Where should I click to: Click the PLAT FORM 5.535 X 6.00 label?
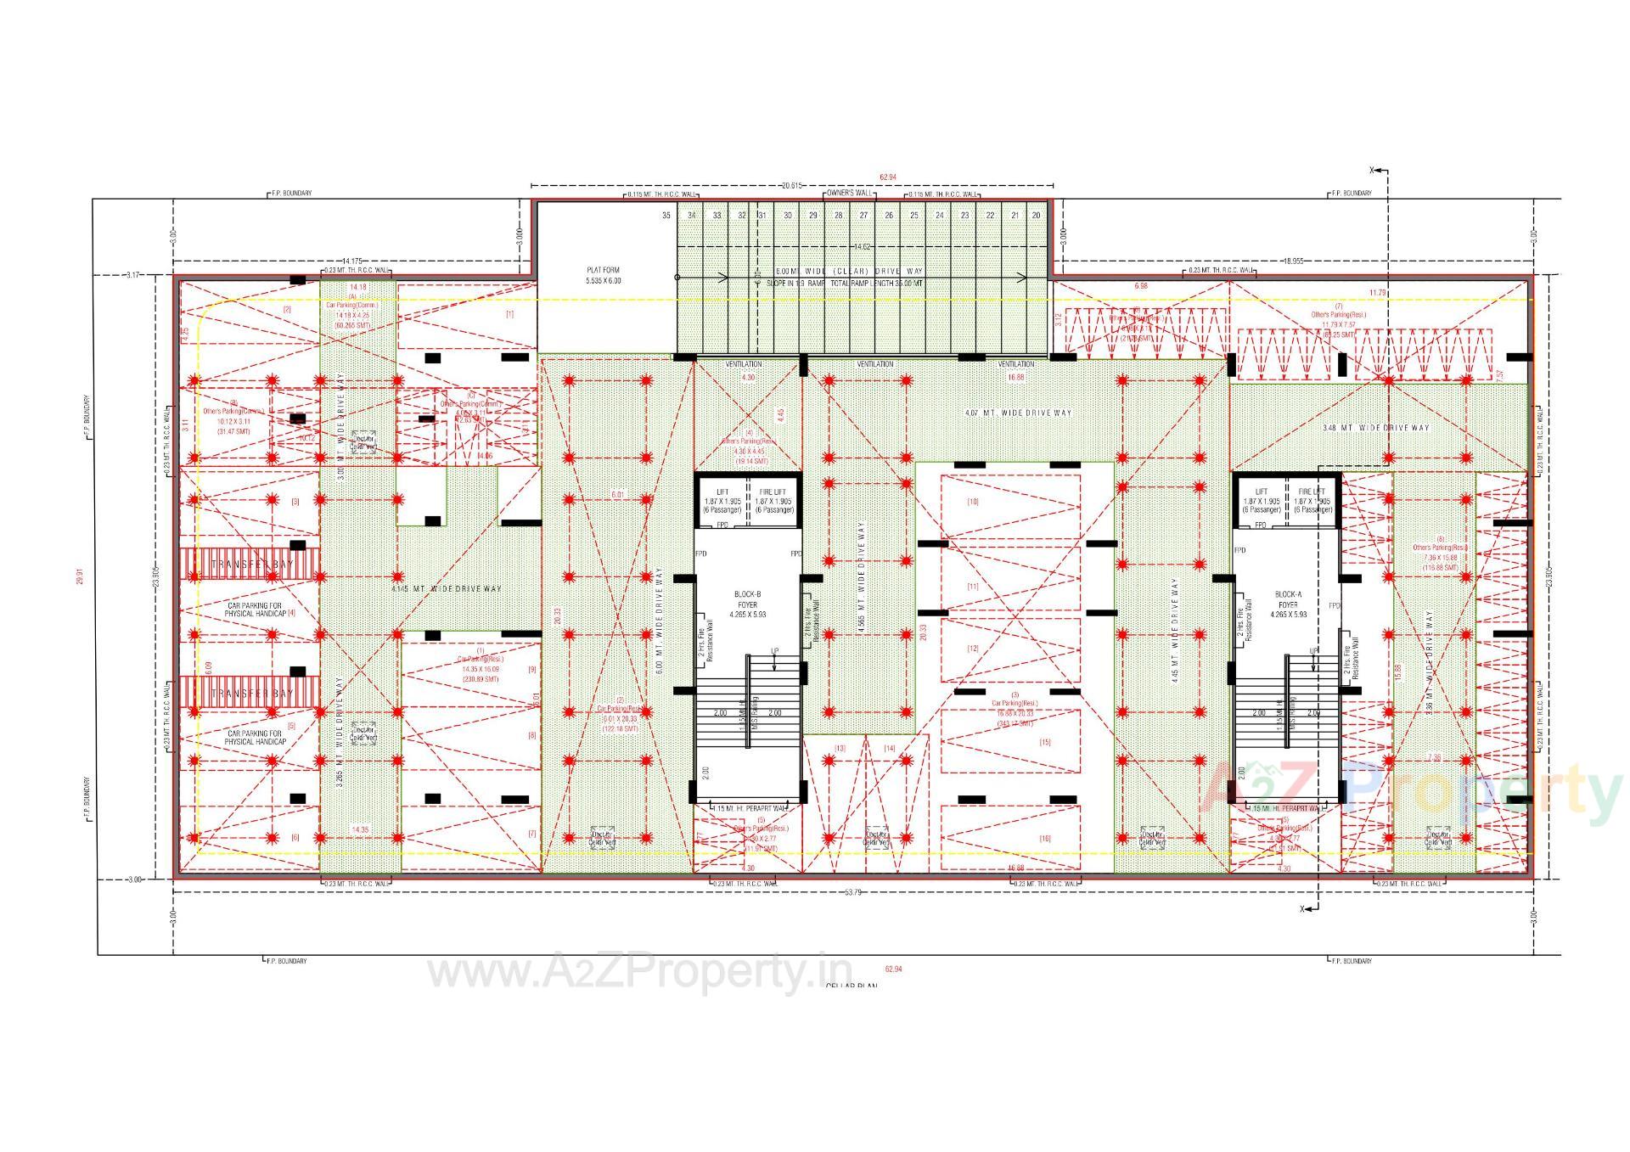click(603, 275)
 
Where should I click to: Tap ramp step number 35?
click(666, 216)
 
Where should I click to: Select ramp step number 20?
click(1037, 216)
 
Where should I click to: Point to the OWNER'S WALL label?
click(849, 194)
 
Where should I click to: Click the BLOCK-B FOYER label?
click(746, 604)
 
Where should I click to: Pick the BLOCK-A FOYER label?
click(1288, 604)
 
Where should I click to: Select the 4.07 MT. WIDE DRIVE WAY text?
click(1018, 413)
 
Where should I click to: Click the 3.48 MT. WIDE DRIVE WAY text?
click(1376, 428)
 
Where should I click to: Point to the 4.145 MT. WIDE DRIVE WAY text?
click(446, 588)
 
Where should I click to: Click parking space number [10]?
click(973, 502)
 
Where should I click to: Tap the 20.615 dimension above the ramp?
click(791, 185)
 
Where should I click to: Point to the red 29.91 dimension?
click(81, 577)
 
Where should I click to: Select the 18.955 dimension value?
click(1293, 261)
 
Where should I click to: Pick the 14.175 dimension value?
click(352, 261)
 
